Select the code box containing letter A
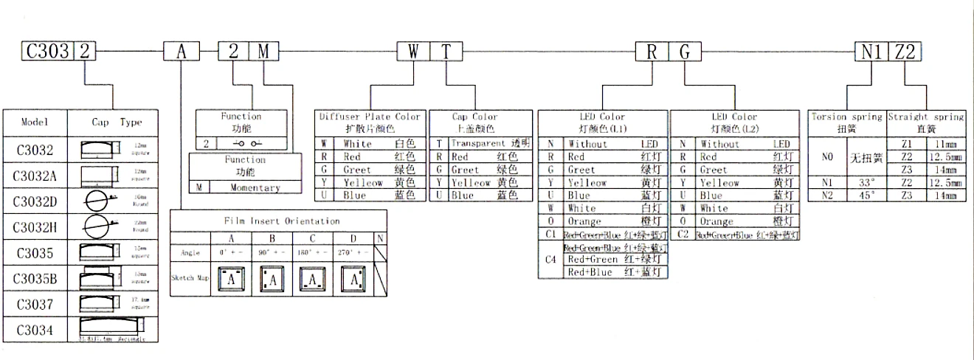click(x=181, y=51)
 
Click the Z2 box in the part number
click(x=905, y=51)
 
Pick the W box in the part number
click(x=413, y=51)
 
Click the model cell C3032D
click(x=35, y=201)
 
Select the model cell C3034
click(x=35, y=330)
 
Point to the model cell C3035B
click(x=35, y=279)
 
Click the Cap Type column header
click(x=117, y=122)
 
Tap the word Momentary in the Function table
click(x=255, y=187)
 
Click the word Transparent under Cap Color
click(x=478, y=144)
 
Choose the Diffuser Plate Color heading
click(x=370, y=117)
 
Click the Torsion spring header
click(x=846, y=117)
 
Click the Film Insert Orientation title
click(x=283, y=221)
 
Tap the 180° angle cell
click(x=313, y=252)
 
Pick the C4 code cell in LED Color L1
click(x=550, y=260)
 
